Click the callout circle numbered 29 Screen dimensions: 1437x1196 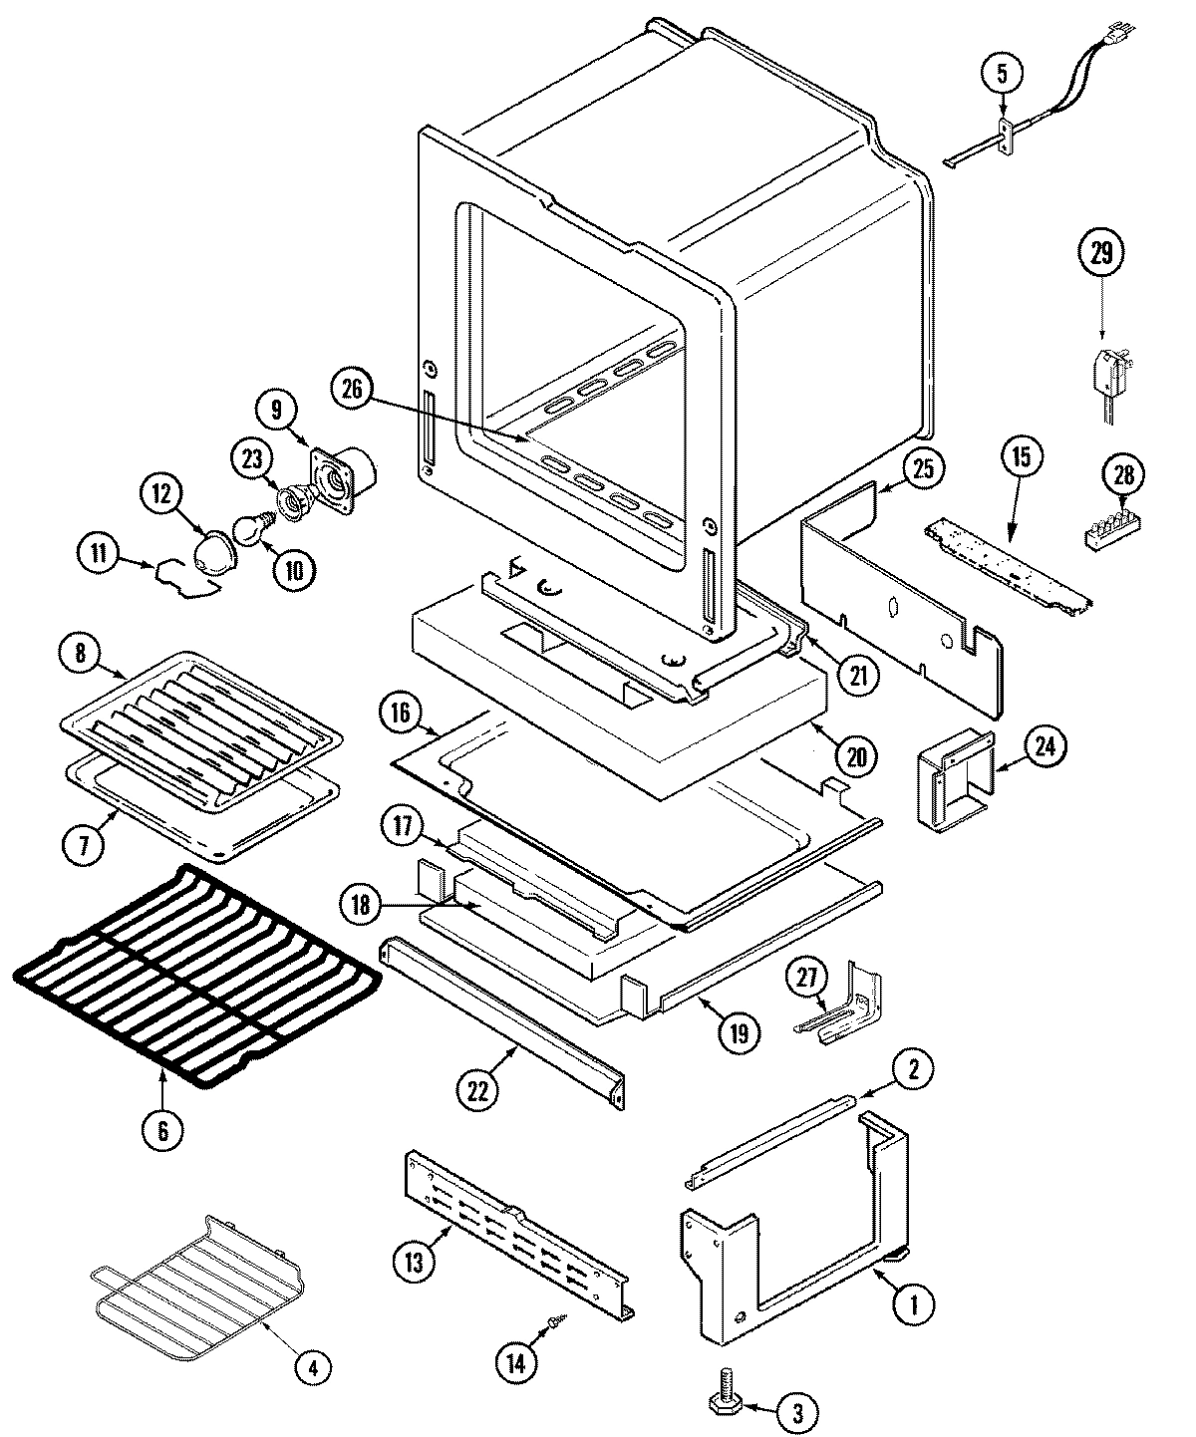[1100, 253]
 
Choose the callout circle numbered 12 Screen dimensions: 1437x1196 [162, 492]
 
